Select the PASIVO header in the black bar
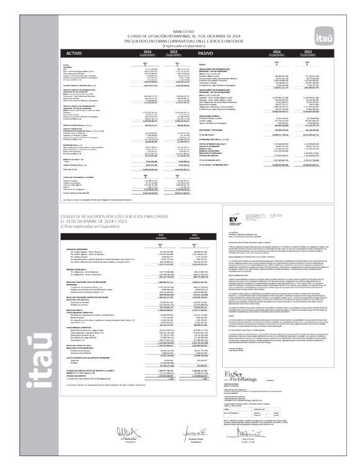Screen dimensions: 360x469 [208, 54]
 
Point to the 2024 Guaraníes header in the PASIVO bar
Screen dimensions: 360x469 [277, 54]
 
